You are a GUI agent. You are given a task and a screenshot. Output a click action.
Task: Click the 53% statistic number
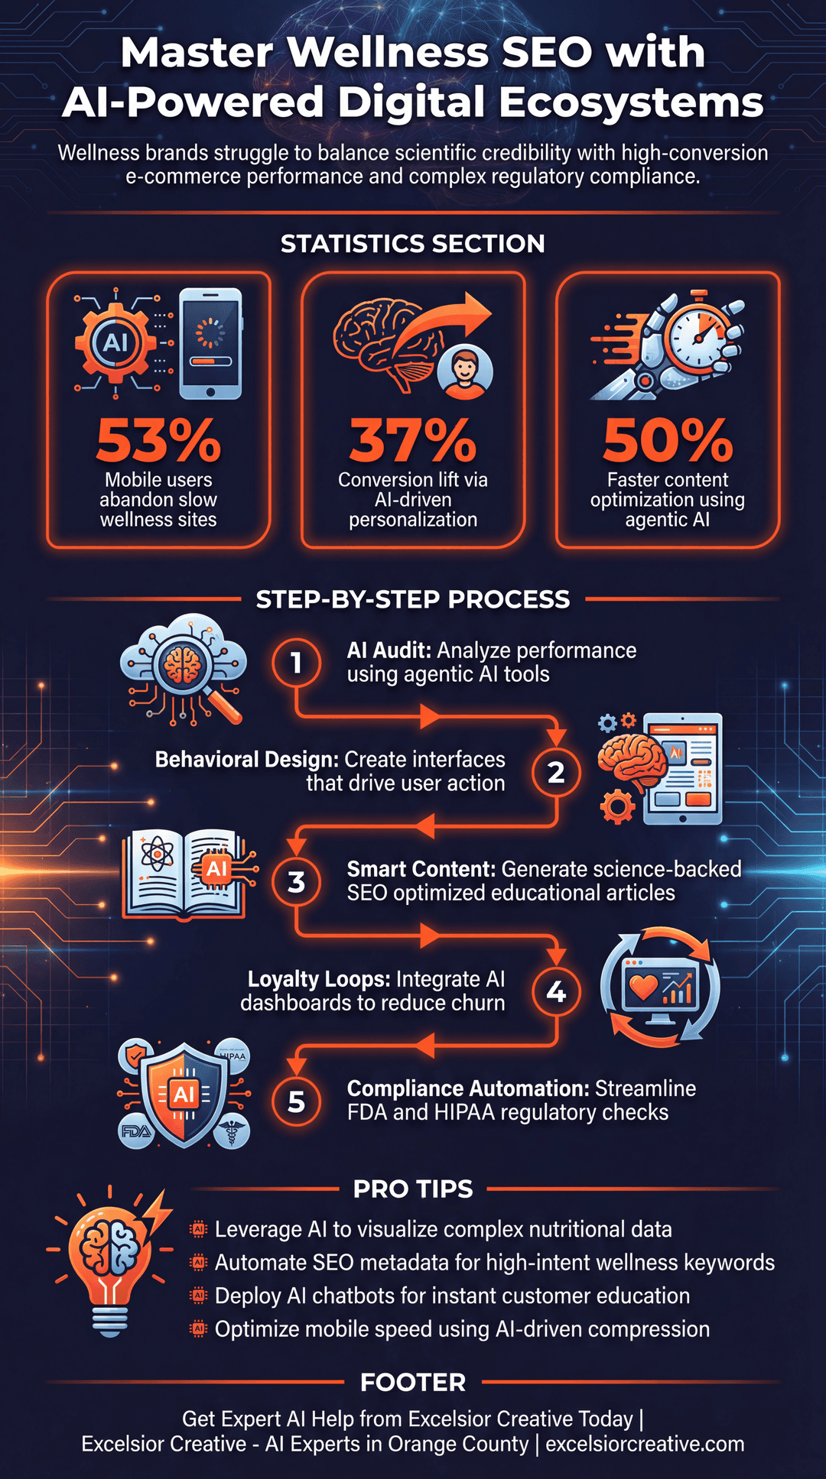[158, 441]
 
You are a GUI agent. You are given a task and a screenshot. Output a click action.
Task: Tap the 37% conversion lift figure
[413, 441]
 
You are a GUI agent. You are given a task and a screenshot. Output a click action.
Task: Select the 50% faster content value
[668, 441]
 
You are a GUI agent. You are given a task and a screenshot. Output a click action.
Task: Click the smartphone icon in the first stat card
[210, 343]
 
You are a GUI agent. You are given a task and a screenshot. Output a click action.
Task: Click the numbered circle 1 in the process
[297, 662]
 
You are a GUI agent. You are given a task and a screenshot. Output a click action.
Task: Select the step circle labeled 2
[556, 772]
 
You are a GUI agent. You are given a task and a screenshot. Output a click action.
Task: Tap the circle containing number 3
[297, 882]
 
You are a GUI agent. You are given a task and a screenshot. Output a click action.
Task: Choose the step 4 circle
[556, 991]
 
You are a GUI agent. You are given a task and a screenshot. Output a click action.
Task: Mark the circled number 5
[297, 1101]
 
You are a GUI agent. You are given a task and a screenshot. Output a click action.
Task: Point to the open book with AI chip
[187, 874]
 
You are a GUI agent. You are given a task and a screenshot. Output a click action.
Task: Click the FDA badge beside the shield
[136, 1130]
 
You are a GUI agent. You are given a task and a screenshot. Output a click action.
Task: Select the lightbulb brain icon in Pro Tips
[112, 1261]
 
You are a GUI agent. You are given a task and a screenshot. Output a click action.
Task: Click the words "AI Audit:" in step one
[390, 650]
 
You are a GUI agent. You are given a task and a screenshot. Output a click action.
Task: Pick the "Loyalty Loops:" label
[319, 979]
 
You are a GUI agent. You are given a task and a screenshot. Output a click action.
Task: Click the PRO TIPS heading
[413, 1189]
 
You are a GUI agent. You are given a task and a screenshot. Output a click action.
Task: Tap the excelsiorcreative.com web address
[645, 1444]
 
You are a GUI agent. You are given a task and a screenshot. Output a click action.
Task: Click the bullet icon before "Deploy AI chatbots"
[199, 1295]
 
